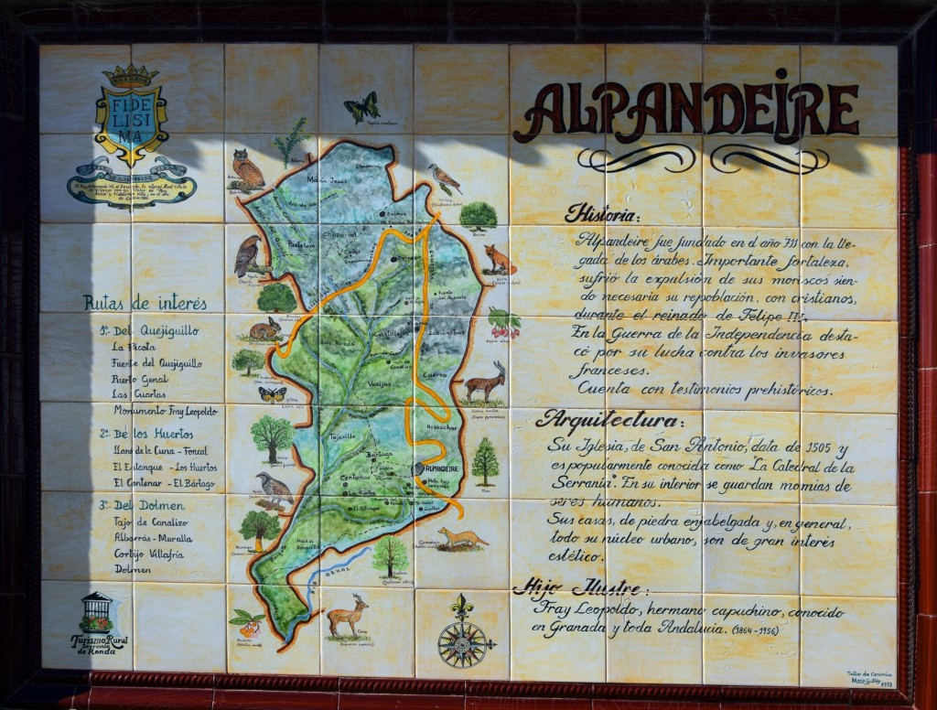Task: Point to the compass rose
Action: (462, 641)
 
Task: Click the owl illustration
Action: (247, 170)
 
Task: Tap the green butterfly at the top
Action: (361, 108)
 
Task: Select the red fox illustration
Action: (500, 260)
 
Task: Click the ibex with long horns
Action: (485, 382)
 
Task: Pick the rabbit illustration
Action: (264, 329)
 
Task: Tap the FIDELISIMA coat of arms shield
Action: (132, 119)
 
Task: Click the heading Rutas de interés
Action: (145, 304)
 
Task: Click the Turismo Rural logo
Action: (97, 622)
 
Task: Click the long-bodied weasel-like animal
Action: (462, 538)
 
